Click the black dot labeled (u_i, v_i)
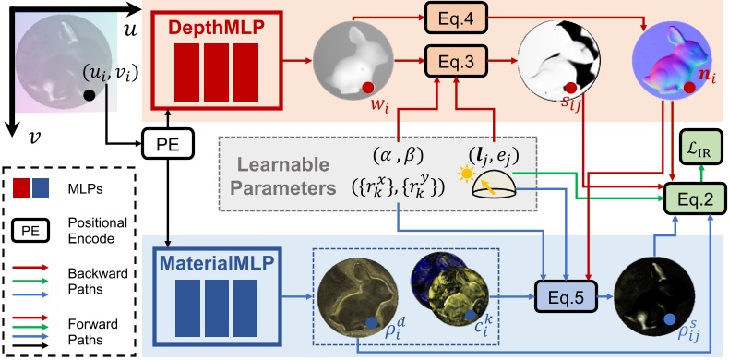pos(90,95)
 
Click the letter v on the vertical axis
pos(31,139)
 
